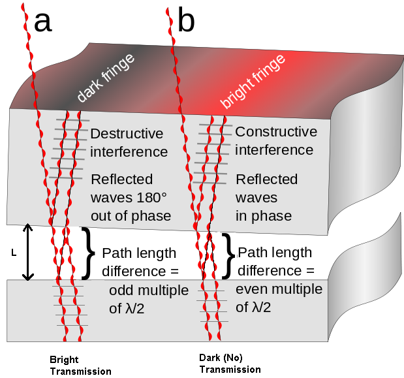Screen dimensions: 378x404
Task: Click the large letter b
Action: pos(185,22)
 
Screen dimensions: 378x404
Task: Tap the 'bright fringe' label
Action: pos(253,82)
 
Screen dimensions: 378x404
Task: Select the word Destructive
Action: pos(127,134)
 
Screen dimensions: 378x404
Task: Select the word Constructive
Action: pos(276,132)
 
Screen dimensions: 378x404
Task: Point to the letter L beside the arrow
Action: pos(14,251)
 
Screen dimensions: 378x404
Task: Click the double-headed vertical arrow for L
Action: pos(27,251)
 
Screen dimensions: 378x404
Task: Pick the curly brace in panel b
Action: pos(228,254)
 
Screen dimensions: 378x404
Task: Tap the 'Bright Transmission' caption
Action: pos(80,366)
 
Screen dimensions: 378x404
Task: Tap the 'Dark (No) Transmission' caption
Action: pos(230,364)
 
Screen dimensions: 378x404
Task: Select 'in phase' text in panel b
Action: pos(264,216)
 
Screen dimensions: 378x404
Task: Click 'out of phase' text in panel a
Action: pos(131,216)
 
